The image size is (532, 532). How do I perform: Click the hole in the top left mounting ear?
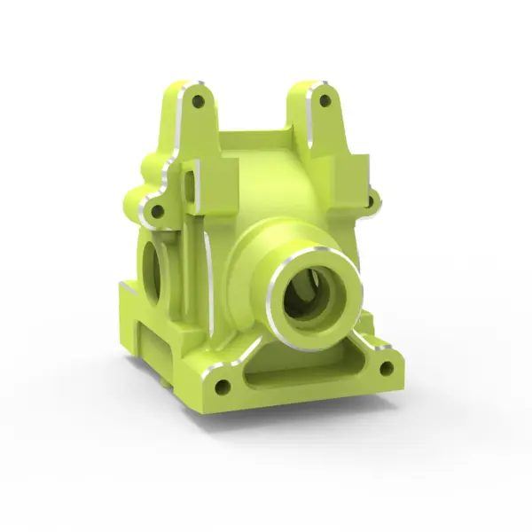tap(198, 101)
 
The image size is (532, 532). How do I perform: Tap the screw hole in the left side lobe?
tap(157, 212)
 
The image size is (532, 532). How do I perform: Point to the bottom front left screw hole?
tap(223, 387)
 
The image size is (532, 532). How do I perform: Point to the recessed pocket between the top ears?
tap(257, 142)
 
